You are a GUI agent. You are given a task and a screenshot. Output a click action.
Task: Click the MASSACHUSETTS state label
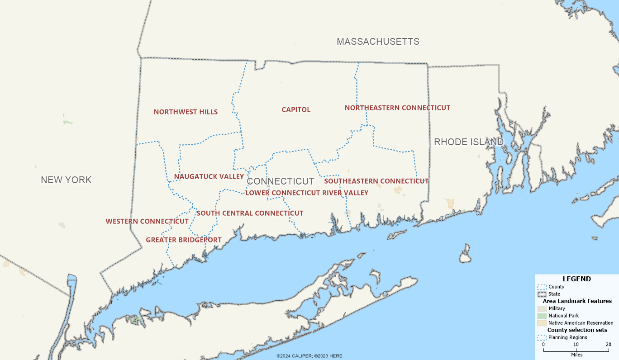click(378, 42)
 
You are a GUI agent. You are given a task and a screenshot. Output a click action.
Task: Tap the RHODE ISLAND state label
click(468, 142)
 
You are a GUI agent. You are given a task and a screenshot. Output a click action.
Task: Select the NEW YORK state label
click(66, 180)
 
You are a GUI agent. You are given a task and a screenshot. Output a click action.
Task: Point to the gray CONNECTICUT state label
click(281, 181)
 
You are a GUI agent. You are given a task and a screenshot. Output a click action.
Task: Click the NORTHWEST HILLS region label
click(186, 112)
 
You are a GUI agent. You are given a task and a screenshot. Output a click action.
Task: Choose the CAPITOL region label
click(296, 109)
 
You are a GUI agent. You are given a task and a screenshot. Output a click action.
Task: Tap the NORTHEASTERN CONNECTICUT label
click(397, 108)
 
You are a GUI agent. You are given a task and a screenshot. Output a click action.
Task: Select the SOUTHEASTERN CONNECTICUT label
click(376, 181)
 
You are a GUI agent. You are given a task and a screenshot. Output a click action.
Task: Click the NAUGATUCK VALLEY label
click(209, 176)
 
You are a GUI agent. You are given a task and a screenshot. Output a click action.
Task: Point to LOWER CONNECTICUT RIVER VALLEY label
click(307, 193)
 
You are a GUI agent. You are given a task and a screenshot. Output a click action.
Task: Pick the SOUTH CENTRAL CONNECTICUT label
click(250, 213)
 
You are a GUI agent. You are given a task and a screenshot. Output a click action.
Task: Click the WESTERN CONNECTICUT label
click(147, 221)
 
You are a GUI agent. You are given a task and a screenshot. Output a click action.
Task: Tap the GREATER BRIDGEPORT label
click(183, 240)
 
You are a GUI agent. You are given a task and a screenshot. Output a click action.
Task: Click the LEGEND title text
click(576, 279)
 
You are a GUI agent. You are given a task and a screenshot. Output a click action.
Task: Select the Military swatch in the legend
click(542, 308)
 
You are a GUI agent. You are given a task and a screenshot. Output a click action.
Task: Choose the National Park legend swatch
click(542, 316)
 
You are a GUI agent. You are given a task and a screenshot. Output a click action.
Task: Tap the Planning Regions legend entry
click(567, 337)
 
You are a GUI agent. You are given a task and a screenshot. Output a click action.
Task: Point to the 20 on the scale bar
click(608, 345)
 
